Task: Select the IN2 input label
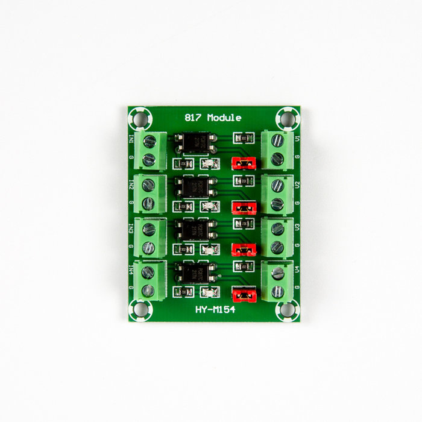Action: (x=131, y=183)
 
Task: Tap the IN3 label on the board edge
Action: (x=131, y=227)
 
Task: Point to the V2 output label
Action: (x=297, y=183)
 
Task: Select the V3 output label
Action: (x=297, y=227)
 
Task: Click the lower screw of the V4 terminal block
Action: (x=277, y=291)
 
